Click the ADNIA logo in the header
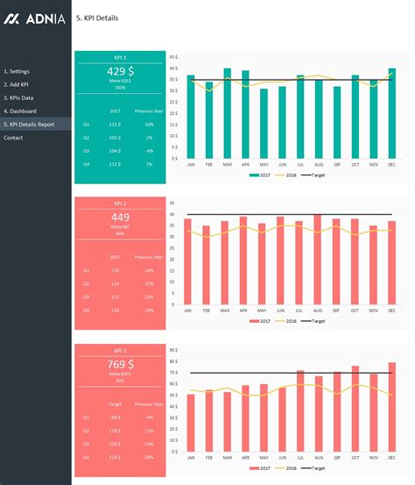point(35,18)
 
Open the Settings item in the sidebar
point(18,70)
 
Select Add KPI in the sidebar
point(18,84)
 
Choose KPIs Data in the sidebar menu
point(19,97)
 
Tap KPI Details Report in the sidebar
point(31,125)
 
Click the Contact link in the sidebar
point(13,138)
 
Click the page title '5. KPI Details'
point(97,18)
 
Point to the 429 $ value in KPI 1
point(120,70)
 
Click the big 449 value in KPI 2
point(120,217)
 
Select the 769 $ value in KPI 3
point(120,363)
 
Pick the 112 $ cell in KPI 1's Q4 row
point(115,164)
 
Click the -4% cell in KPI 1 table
point(149,151)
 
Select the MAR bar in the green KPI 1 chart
point(227,114)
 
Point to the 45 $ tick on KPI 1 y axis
point(174,56)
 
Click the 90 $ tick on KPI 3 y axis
point(174,349)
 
